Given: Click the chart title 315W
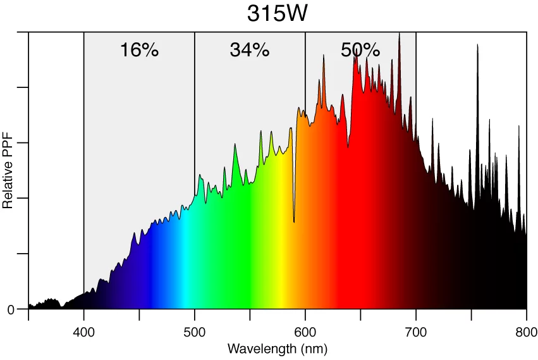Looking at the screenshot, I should [277, 13].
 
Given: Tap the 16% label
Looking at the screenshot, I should [139, 50].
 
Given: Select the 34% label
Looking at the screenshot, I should [250, 50].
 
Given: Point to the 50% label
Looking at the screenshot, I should [360, 50].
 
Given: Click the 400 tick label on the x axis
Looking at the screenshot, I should [84, 332].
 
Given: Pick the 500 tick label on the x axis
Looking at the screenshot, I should [195, 332].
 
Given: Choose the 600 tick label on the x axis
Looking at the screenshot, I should [305, 332].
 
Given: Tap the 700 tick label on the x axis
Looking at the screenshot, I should [416, 332].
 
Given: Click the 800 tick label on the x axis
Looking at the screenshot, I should [526, 332].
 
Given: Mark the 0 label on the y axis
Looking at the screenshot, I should [11, 309].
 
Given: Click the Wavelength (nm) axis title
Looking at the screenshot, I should [277, 349].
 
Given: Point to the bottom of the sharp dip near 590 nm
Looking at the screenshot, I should [294, 221].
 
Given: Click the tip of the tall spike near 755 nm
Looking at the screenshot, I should [477, 44].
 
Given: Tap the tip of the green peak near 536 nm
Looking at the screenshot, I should [235, 144].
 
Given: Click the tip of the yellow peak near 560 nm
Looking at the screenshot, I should [260, 131].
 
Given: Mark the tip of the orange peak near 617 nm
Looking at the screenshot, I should [324, 55].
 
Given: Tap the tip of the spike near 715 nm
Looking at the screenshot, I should [432, 118].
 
